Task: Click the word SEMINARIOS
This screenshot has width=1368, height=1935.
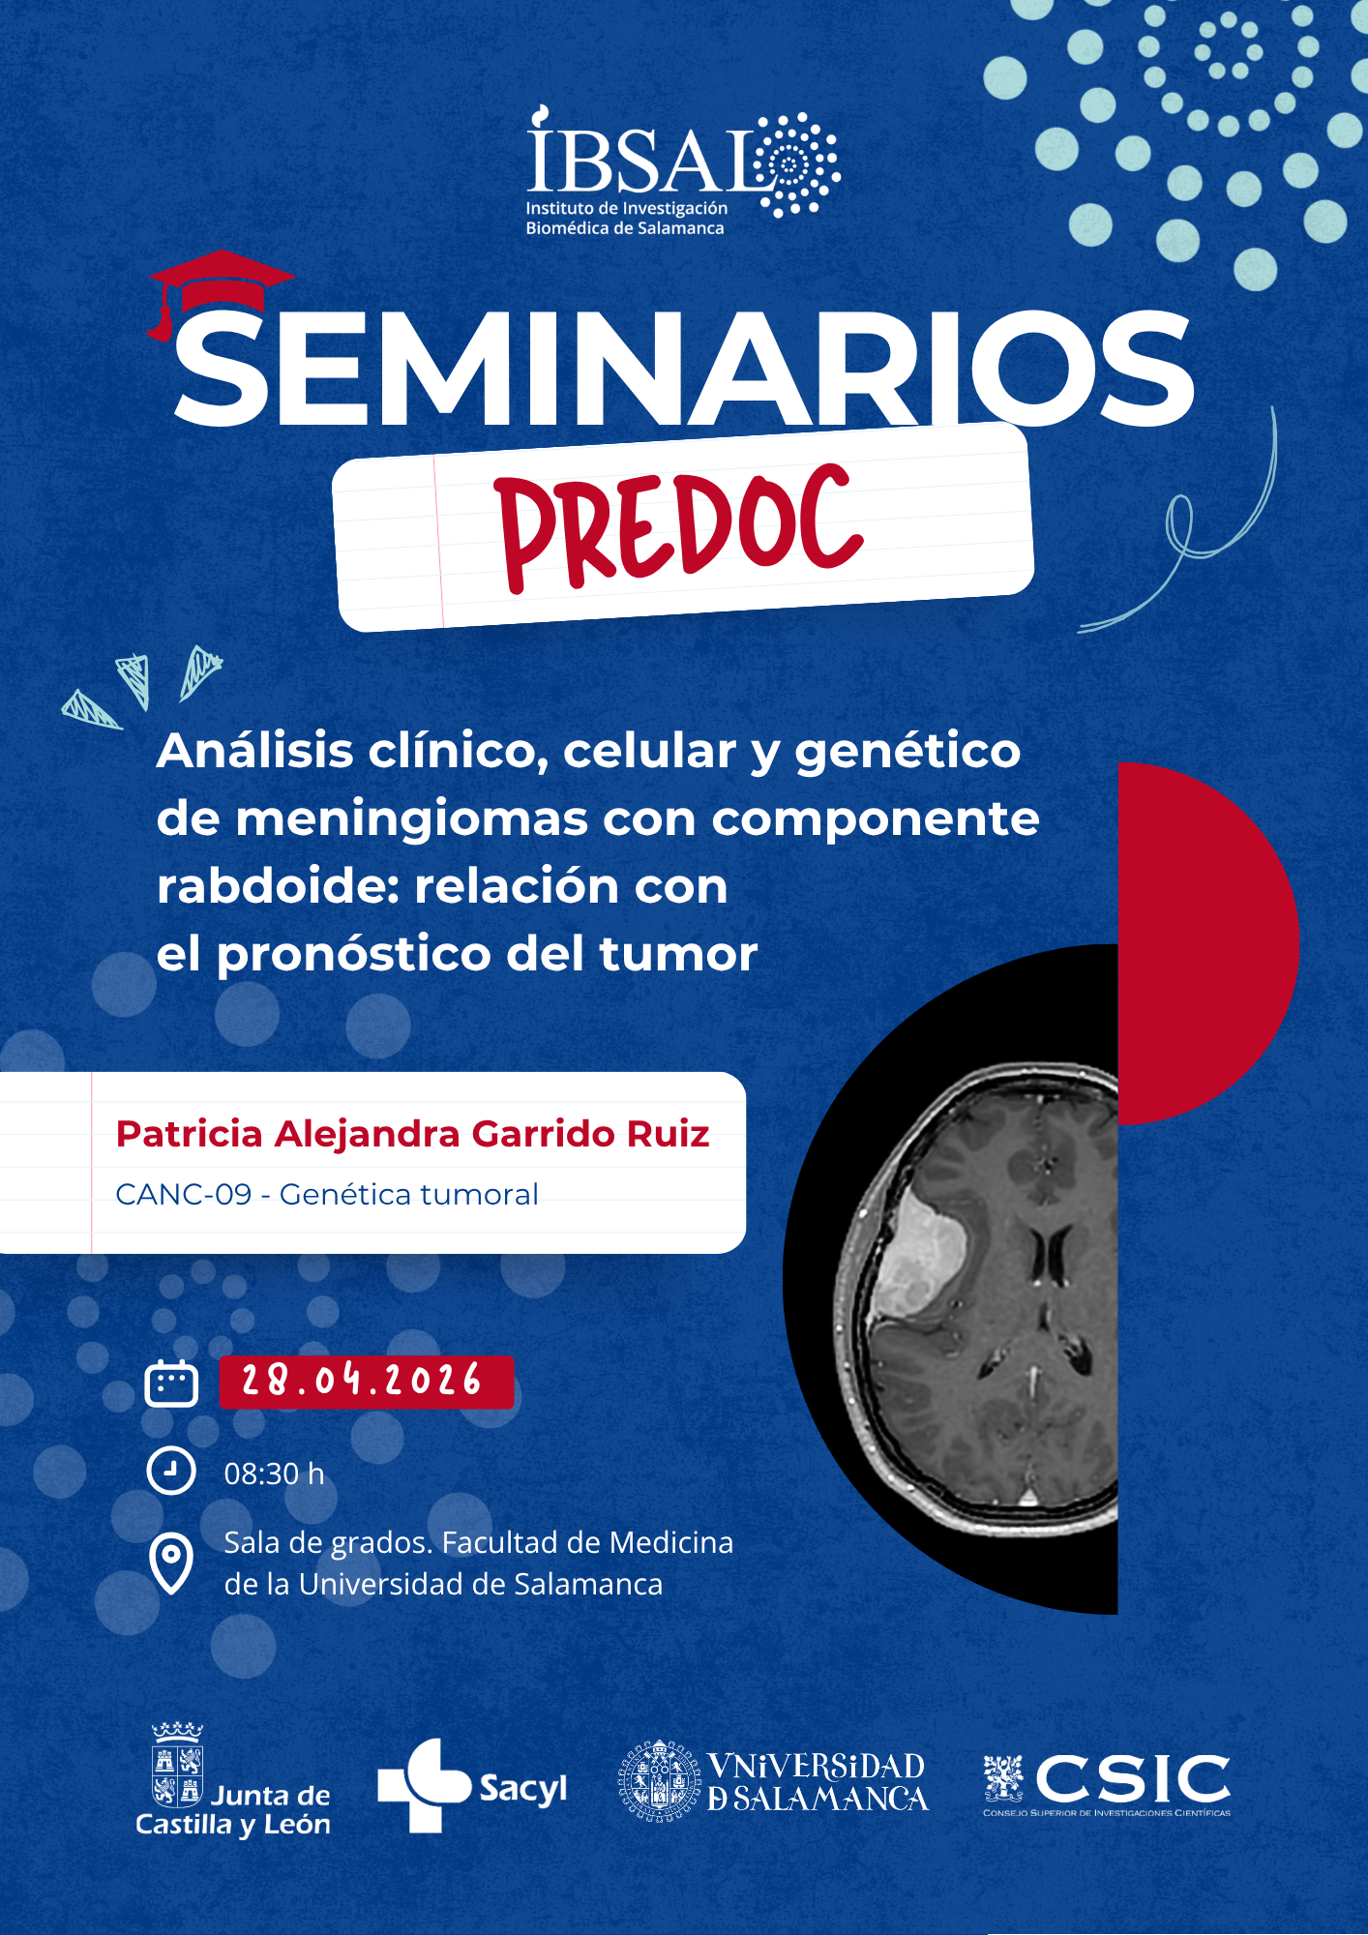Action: pyautogui.click(x=683, y=369)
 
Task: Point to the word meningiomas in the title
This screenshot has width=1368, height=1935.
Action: pyautogui.click(x=411, y=819)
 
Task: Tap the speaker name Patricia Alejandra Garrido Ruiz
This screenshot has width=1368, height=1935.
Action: pyautogui.click(x=413, y=1134)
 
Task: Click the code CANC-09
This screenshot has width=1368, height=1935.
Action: pyautogui.click(x=184, y=1195)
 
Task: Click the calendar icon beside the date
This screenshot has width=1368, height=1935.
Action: pyautogui.click(x=171, y=1383)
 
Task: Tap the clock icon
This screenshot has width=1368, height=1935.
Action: pyautogui.click(x=171, y=1471)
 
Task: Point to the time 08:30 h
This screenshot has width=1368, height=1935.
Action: pyautogui.click(x=275, y=1474)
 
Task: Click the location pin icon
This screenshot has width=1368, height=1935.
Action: pyautogui.click(x=171, y=1563)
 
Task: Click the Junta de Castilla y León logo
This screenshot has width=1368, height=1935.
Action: pyautogui.click(x=233, y=1780)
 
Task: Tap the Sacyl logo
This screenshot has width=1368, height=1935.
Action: pyautogui.click(x=472, y=1786)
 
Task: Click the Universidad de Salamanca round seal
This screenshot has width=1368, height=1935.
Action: pyautogui.click(x=659, y=1781)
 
